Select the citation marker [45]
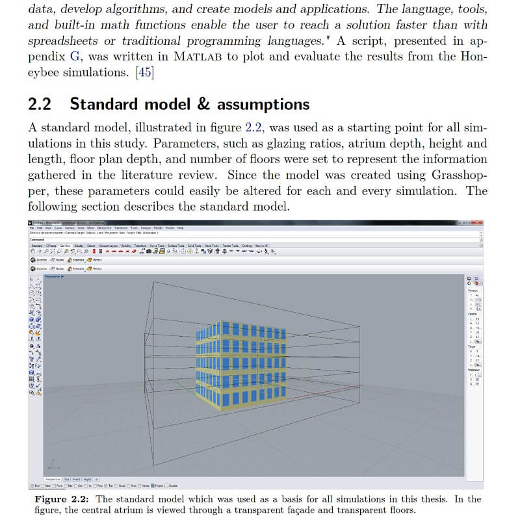[144, 72]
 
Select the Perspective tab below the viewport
[53, 478]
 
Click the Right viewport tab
[87, 478]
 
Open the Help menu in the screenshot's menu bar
[181, 228]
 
